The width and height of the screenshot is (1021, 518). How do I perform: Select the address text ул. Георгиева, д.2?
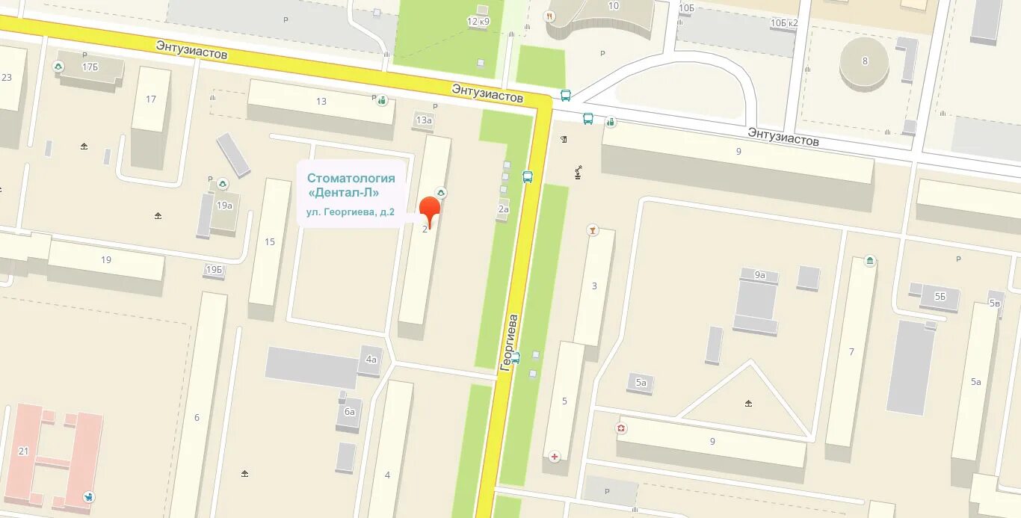pyautogui.click(x=350, y=212)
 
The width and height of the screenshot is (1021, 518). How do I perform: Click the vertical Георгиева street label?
pyautogui.click(x=510, y=343)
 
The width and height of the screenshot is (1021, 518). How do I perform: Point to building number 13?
pyautogui.click(x=321, y=102)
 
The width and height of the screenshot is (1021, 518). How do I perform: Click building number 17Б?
pyautogui.click(x=90, y=67)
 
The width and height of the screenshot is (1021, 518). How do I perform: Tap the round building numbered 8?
pyautogui.click(x=865, y=61)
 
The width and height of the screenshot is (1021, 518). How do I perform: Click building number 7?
pyautogui.click(x=851, y=351)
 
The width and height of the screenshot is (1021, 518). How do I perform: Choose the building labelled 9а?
pyautogui.click(x=760, y=275)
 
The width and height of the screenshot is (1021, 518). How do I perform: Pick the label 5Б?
pyautogui.click(x=940, y=296)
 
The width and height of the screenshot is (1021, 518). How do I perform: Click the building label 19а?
pyautogui.click(x=223, y=205)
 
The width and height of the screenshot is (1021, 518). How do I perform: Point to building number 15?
pyautogui.click(x=270, y=241)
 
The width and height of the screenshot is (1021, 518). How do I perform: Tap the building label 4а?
pyautogui.click(x=371, y=360)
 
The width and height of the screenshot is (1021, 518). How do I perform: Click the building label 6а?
pyautogui.click(x=349, y=411)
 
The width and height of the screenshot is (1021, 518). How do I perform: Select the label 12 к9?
pyautogui.click(x=478, y=22)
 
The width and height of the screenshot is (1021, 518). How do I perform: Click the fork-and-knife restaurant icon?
pyautogui.click(x=551, y=16)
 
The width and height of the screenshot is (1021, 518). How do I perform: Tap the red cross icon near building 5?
pyautogui.click(x=555, y=457)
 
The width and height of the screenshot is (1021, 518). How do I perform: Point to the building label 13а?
pyautogui.click(x=424, y=120)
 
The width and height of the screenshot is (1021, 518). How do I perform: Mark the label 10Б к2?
pyautogui.click(x=784, y=22)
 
